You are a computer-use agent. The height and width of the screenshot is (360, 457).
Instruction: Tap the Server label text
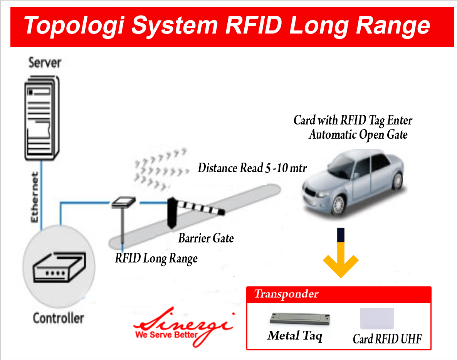tap(45, 62)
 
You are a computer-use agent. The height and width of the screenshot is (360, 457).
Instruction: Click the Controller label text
tap(58, 318)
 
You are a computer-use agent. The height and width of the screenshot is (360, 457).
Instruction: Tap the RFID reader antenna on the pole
tap(123, 202)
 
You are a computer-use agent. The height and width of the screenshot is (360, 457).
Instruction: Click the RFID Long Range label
tap(156, 258)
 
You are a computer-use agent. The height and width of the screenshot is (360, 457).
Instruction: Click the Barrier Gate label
tap(206, 238)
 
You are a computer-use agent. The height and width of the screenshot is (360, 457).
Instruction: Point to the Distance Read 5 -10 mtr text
tap(252, 168)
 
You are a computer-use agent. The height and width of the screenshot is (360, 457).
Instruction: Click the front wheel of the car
tap(338, 204)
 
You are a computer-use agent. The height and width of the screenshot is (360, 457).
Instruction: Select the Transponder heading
tap(286, 294)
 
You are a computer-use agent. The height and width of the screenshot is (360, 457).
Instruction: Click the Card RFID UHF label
tap(387, 339)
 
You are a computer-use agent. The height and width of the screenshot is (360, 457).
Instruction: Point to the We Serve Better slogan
tap(166, 335)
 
